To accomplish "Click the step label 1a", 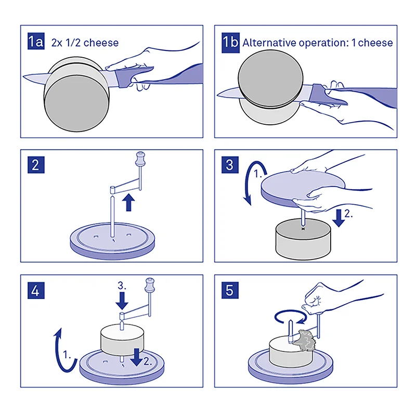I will point(36,42).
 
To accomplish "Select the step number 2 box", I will point(36,165).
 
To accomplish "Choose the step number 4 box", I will point(36,290).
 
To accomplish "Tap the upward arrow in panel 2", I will point(128,202).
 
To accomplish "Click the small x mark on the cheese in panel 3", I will point(302,228).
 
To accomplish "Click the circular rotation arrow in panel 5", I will point(289,315).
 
